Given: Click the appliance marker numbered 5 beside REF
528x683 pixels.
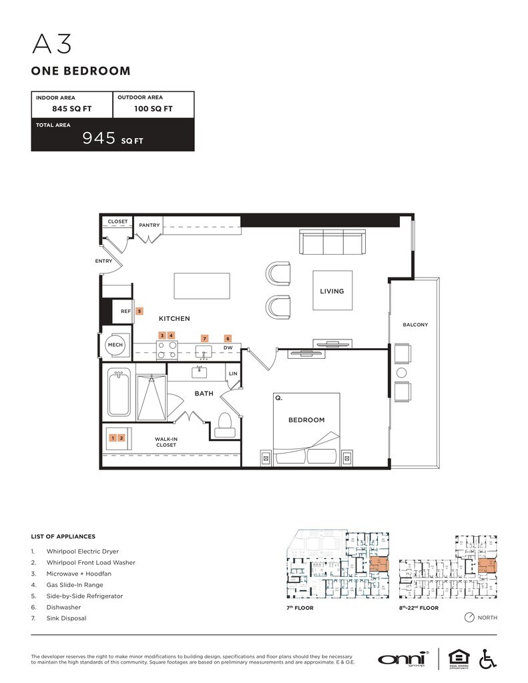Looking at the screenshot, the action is tap(140, 311).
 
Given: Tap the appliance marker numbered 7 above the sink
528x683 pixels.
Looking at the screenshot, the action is tap(205, 339).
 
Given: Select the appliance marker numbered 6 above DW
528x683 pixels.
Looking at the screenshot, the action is tap(228, 339).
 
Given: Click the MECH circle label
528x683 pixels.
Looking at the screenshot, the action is tap(114, 345).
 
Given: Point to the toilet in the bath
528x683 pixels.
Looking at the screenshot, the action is tap(225, 423).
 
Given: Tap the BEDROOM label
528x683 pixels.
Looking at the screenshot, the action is tap(306, 420).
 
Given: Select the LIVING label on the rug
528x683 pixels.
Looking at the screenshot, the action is tap(332, 291).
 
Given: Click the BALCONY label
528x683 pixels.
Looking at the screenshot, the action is tap(415, 325).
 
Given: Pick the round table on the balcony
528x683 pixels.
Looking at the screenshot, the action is tap(402, 372).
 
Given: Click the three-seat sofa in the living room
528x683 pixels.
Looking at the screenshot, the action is tap(332, 243).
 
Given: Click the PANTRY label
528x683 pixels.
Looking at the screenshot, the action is tap(150, 225).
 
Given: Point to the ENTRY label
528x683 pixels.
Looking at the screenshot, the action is tap(103, 261).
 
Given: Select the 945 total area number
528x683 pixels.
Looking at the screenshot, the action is tap(97, 138).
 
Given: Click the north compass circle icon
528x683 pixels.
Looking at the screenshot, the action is tap(469, 618).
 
